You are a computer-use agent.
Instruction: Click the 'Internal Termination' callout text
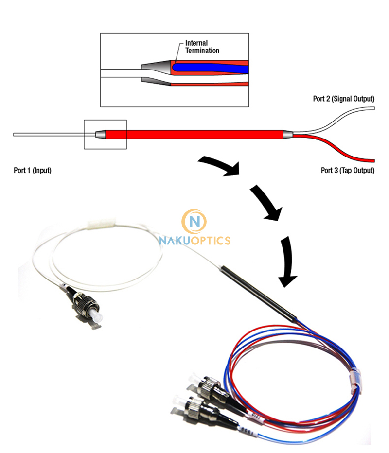point(202,47)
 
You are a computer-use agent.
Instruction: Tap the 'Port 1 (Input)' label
point(32,171)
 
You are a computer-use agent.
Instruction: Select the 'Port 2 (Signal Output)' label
point(343,99)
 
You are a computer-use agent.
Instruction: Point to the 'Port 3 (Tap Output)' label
point(347,171)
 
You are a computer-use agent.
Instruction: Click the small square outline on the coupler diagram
point(105,134)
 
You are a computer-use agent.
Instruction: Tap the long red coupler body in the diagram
point(194,134)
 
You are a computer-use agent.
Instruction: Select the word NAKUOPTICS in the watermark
point(194,240)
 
